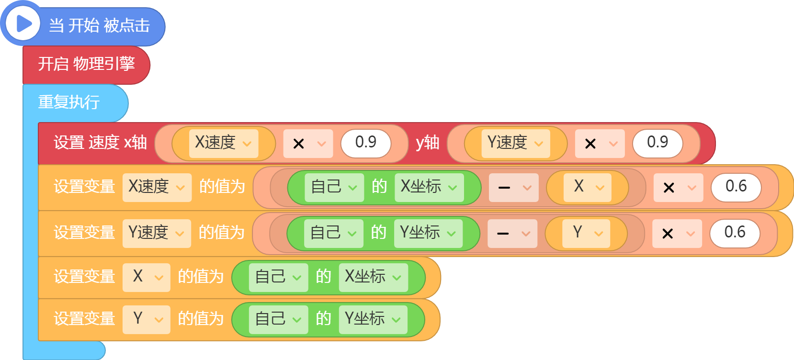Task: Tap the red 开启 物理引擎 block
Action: [86, 65]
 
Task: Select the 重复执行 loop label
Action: [69, 102]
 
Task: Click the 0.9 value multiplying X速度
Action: [366, 143]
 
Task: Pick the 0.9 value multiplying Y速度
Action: [658, 143]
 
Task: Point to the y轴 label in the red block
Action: [428, 143]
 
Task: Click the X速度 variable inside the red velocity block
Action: [224, 143]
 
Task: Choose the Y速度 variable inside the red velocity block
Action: [516, 143]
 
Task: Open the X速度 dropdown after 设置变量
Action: [157, 188]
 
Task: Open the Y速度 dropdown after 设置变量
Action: [157, 234]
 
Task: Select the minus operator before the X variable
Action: [514, 188]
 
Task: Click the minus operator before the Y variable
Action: [512, 234]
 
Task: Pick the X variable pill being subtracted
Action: [587, 188]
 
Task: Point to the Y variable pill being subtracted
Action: [586, 234]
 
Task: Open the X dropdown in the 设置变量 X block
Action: [147, 278]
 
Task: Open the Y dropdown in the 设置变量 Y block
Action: [147, 320]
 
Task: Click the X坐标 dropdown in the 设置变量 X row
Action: [373, 278]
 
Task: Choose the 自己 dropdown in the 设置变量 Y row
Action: [278, 320]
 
